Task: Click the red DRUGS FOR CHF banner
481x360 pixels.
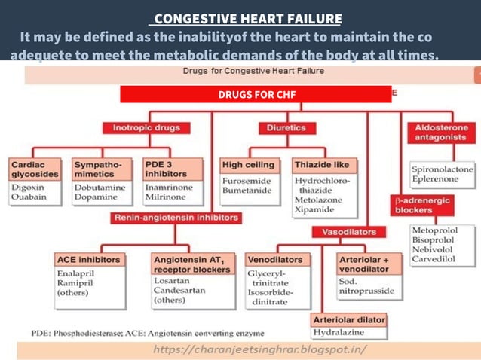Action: [x=256, y=94]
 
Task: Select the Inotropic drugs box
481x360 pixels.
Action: [x=146, y=128]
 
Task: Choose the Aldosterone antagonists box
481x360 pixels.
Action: [x=441, y=133]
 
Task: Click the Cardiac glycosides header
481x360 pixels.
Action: [x=35, y=168]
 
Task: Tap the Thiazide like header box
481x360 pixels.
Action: [x=324, y=163]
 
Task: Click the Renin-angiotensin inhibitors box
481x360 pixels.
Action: [x=176, y=218]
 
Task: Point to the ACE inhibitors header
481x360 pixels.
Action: [x=88, y=260]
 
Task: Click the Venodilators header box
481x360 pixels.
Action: [x=275, y=260]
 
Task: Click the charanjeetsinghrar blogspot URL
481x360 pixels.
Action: [x=259, y=350]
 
